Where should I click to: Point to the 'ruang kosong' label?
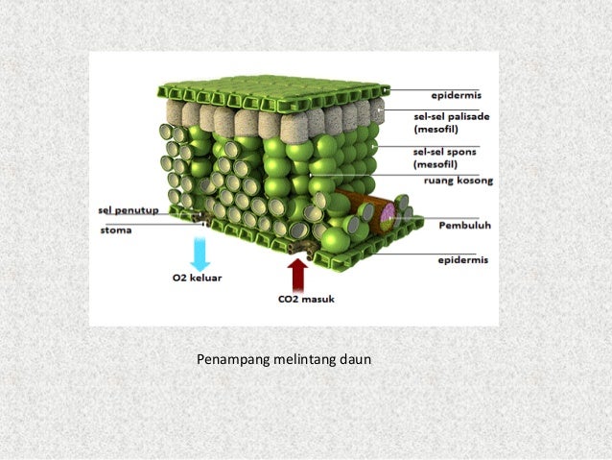452,179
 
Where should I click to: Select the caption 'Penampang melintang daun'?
283,360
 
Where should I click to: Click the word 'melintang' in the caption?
299,360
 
